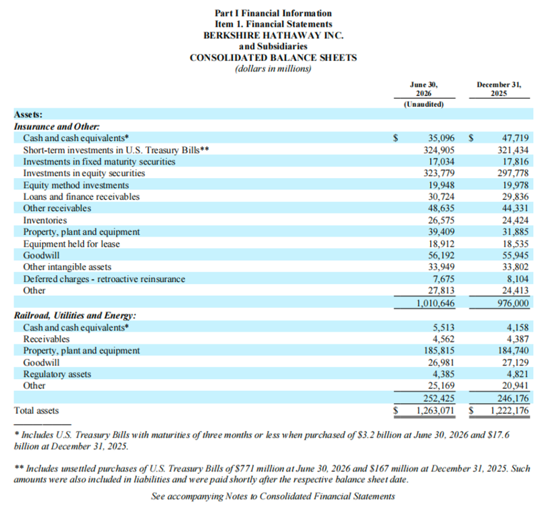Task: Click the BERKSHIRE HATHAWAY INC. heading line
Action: click(274, 35)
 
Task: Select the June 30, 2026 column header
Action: click(424, 89)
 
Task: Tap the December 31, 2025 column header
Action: click(499, 89)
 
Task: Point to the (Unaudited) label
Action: click(424, 104)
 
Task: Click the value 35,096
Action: click(441, 138)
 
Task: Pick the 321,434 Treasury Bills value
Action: click(513, 150)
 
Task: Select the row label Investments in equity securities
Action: click(84, 173)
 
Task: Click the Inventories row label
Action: click(45, 220)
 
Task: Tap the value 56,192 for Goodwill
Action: click(441, 256)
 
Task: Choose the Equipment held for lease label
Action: click(71, 244)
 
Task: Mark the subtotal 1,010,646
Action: click(436, 303)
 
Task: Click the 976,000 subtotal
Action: click(513, 303)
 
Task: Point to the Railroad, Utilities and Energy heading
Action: click(75, 315)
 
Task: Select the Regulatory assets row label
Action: click(57, 374)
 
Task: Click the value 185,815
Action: click(439, 351)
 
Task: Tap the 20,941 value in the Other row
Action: click(515, 386)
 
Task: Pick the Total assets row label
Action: click(36, 410)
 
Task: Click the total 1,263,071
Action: click(436, 410)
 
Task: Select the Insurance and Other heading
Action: click(57, 126)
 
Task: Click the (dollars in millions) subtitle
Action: click(274, 69)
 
